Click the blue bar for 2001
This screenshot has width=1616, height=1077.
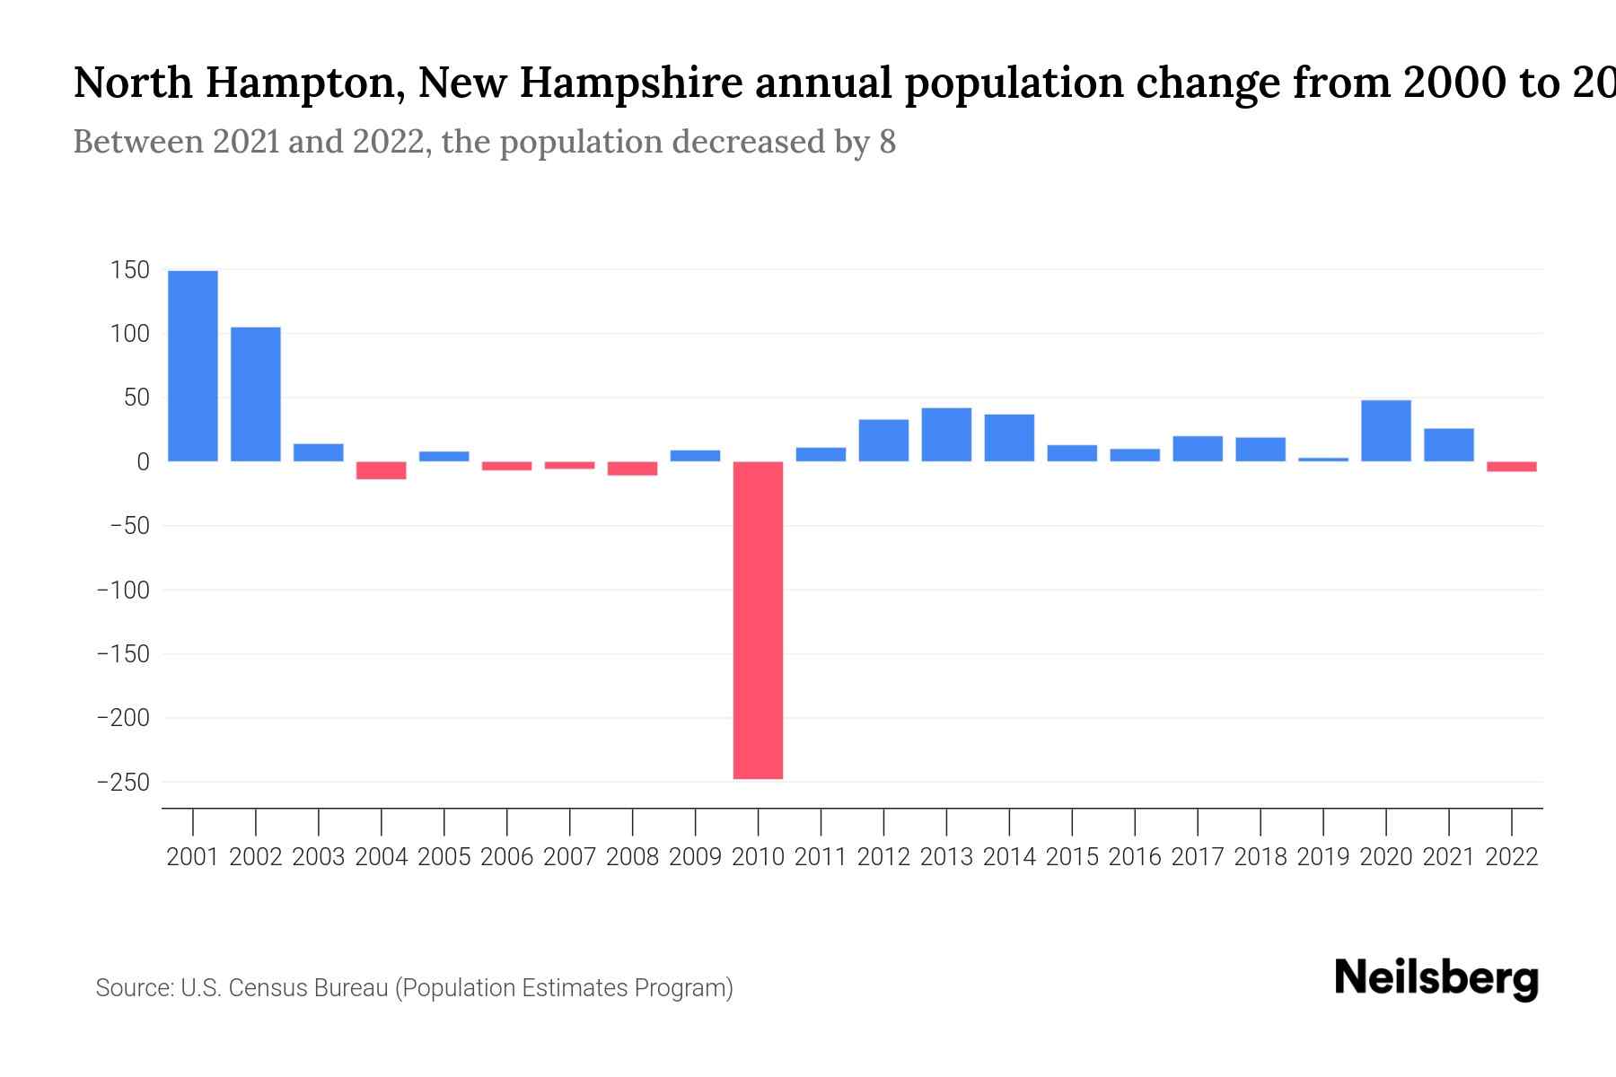coord(193,366)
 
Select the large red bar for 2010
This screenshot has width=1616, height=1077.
coord(758,619)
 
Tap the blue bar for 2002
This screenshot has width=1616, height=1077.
coord(256,394)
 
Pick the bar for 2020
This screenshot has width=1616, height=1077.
coord(1386,431)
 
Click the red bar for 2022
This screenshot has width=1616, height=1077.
coord(1512,467)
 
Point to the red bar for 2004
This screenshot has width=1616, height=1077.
coord(382,470)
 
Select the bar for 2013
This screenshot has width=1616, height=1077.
coord(946,434)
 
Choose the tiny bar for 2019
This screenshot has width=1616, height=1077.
coord(1323,460)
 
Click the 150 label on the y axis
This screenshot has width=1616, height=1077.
coord(129,269)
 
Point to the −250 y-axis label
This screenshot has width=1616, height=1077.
coord(123,783)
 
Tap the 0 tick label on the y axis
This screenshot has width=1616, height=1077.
coord(142,462)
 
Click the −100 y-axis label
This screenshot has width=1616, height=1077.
coord(123,591)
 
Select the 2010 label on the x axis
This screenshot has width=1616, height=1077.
coord(758,857)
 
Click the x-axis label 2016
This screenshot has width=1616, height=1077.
coord(1135,857)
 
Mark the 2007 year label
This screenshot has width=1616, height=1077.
coord(569,857)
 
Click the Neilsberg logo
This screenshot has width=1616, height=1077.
coord(1436,978)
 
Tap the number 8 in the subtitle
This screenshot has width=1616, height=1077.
coord(887,142)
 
